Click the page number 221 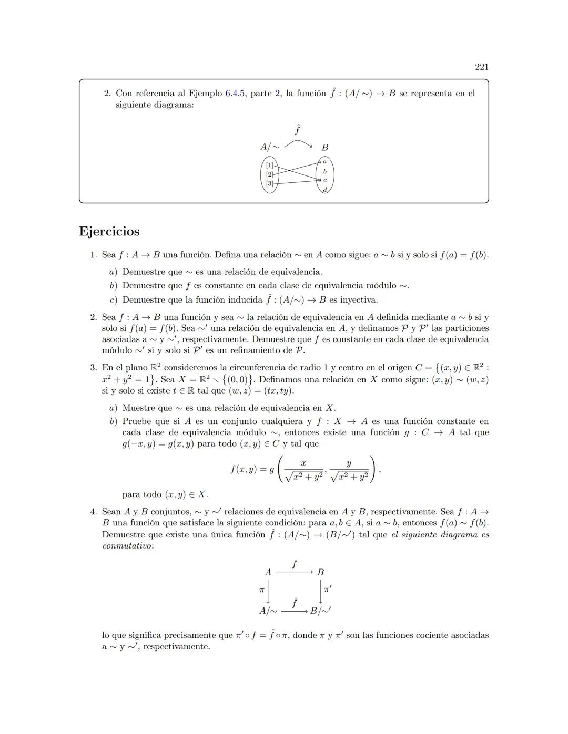tap(481, 67)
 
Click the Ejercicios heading tap(109, 231)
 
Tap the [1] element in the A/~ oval tap(269, 165)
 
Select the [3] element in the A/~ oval tap(269, 183)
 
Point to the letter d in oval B tap(324, 189)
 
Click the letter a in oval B tap(324, 162)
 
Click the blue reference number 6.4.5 tap(235, 94)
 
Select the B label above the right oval tap(325, 148)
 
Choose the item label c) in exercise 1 tap(113, 300)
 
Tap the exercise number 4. tap(93, 512)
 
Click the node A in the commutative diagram tap(268, 572)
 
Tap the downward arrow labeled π tap(268, 591)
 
